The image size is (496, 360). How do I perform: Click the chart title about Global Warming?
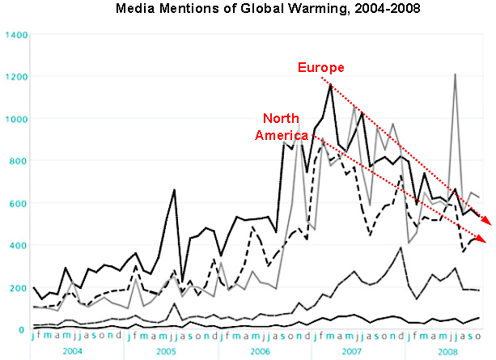click(252, 10)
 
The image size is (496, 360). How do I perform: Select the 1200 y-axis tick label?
click(15, 78)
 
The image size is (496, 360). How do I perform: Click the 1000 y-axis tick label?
click(15, 120)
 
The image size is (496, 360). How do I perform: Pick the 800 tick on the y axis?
click(18, 162)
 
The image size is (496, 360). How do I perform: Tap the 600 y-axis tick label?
click(18, 204)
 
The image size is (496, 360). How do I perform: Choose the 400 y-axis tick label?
click(18, 245)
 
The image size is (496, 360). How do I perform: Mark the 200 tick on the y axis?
click(18, 287)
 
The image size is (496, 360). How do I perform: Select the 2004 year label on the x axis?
click(73, 352)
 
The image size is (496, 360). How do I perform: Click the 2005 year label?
click(166, 352)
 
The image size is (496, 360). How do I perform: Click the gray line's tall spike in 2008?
click(456, 75)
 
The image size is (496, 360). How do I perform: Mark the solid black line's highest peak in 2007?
click(330, 84)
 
